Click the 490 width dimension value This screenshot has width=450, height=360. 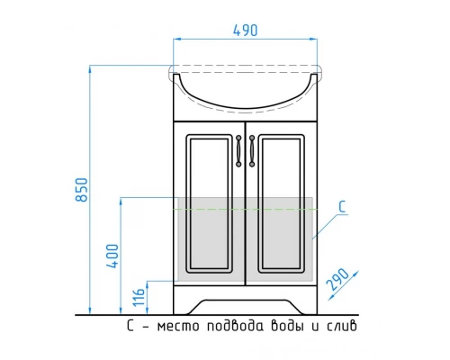click(245, 31)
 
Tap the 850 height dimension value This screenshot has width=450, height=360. click(82, 190)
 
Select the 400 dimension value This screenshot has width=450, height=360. click(112, 256)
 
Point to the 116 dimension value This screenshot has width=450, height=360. click(139, 297)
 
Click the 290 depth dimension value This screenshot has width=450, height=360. click(337, 279)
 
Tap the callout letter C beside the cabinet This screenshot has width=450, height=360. click(342, 207)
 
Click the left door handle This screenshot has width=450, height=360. click(238, 151)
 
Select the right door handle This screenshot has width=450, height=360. click(252, 151)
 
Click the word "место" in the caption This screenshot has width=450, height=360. click(178, 326)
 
